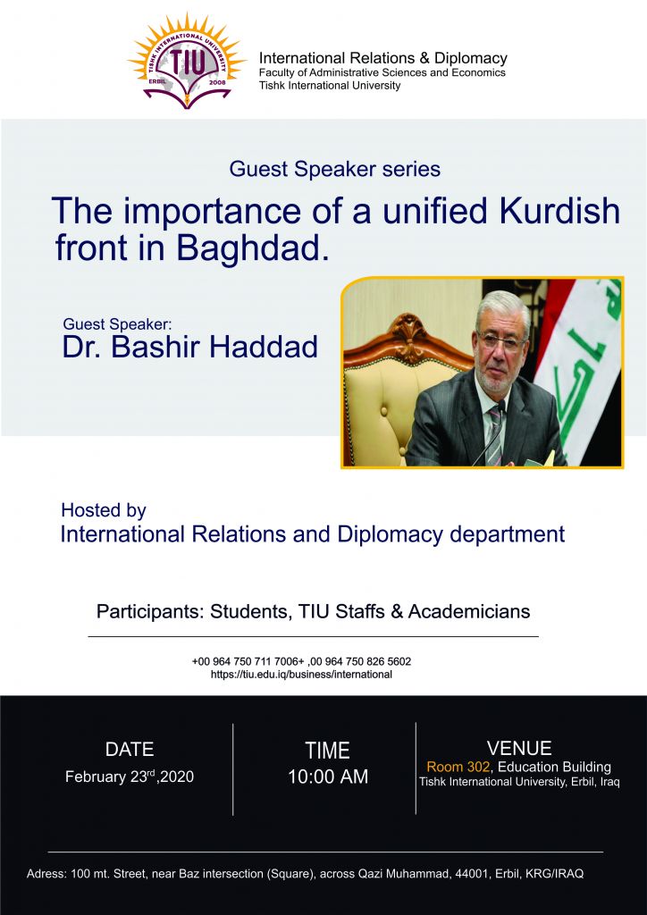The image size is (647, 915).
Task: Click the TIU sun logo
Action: click(x=187, y=62)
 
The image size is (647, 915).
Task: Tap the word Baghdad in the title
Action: click(x=249, y=248)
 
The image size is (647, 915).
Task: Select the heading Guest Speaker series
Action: click(x=334, y=169)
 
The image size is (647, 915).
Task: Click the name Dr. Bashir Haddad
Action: click(x=190, y=347)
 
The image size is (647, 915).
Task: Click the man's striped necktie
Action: click(x=495, y=435)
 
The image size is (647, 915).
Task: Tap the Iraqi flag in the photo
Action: click(x=579, y=372)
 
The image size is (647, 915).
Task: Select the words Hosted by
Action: click(x=104, y=510)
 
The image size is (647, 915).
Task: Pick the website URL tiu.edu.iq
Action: click(x=301, y=675)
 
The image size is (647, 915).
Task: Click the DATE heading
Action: click(x=130, y=750)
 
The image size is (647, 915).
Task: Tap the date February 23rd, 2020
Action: click(x=130, y=776)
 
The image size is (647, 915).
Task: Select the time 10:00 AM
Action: click(x=328, y=776)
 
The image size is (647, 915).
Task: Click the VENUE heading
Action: click(x=519, y=748)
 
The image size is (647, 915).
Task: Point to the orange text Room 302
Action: click(x=458, y=767)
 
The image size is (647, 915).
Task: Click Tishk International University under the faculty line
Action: click(x=330, y=86)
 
